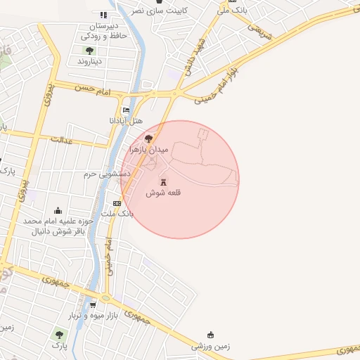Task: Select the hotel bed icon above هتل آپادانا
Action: [127, 110]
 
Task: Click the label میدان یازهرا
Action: [149, 150]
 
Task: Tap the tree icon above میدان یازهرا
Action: [148, 139]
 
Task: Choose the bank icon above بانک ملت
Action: [117, 203]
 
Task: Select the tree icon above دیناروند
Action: [89, 50]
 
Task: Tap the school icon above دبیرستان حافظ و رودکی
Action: [104, 15]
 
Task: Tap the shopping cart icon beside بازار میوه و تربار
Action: [93, 305]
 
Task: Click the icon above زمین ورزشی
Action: [210, 335]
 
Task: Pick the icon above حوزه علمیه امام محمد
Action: [58, 210]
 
